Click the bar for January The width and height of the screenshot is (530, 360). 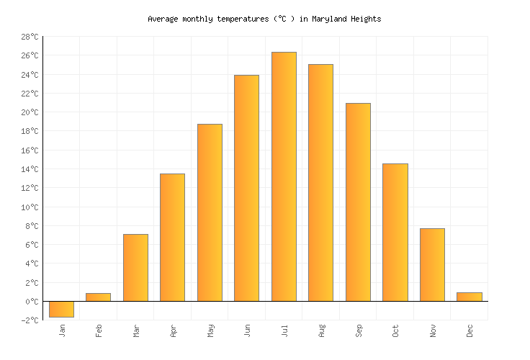coord(61,309)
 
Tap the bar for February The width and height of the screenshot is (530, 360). coord(98,297)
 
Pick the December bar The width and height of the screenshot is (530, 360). coord(469,297)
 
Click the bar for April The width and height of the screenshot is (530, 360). coord(172,237)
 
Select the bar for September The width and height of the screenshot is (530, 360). coord(358,202)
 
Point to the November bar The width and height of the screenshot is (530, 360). coord(432,264)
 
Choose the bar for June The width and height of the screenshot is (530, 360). coord(246,188)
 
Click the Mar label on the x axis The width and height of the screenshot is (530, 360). coord(136,330)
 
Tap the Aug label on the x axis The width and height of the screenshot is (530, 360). coord(322,330)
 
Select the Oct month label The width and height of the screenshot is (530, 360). coord(396,330)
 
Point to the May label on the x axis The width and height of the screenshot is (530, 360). coord(210,330)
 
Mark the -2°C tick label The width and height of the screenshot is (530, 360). coord(30,320)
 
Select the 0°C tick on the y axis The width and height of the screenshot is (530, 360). coord(32,302)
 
